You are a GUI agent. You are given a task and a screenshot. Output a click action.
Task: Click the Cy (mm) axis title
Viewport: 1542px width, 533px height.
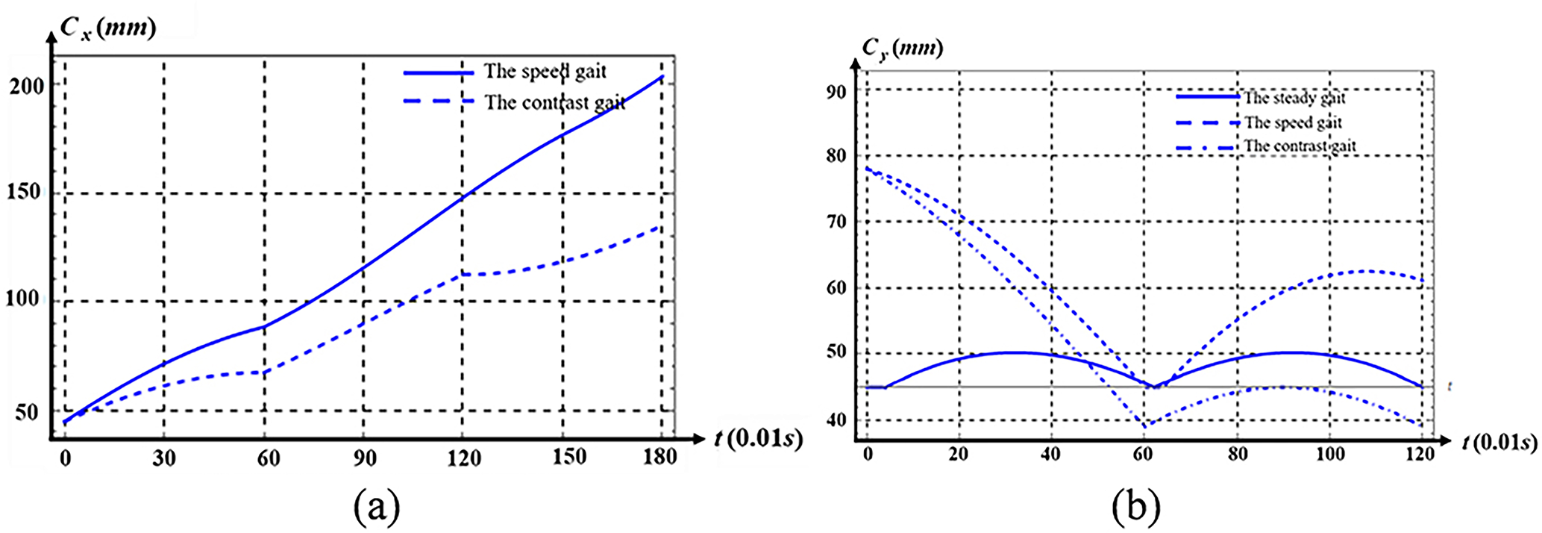[x=902, y=49]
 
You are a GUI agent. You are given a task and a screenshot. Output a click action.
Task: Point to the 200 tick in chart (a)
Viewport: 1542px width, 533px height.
[x=26, y=86]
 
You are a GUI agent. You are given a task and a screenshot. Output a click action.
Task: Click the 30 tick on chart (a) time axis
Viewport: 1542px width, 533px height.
[x=163, y=457]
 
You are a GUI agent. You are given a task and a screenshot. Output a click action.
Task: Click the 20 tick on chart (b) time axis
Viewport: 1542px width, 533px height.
[x=959, y=453]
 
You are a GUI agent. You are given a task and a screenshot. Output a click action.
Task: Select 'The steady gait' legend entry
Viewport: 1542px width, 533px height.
[x=1294, y=98]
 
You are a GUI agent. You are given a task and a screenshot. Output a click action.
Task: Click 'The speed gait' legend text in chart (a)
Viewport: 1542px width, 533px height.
[x=545, y=72]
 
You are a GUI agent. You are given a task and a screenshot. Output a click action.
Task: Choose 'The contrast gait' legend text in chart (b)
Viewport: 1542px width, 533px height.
[x=1300, y=146]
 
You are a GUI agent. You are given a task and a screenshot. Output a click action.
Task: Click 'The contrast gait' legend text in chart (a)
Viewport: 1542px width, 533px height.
[x=555, y=102]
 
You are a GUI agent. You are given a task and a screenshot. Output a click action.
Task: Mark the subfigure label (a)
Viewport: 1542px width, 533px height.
[x=377, y=507]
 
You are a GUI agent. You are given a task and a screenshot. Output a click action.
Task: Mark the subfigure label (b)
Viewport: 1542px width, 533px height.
[x=1135, y=507]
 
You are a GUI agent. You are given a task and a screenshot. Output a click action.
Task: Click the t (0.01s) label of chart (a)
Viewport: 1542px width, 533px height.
[x=758, y=438]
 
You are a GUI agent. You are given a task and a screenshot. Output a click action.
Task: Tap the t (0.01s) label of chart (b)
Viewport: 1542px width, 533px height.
[x=1499, y=442]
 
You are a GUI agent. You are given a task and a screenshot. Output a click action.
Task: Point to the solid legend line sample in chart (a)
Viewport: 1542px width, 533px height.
[x=439, y=73]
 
